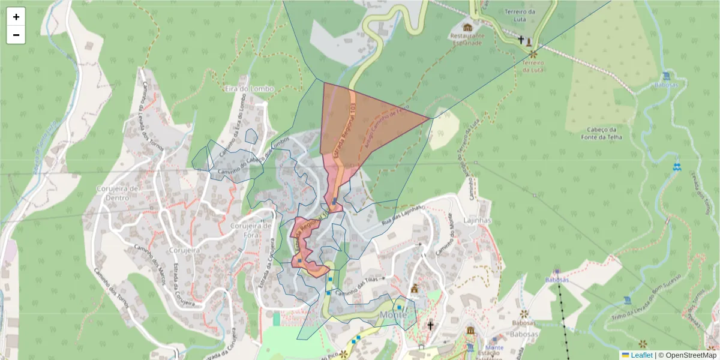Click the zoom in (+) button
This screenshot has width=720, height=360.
click(x=16, y=17)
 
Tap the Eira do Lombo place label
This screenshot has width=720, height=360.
click(x=248, y=89)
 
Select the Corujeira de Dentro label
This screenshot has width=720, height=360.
click(x=118, y=192)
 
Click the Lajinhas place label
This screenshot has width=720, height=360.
click(x=478, y=220)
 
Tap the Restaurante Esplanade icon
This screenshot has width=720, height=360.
click(x=467, y=27)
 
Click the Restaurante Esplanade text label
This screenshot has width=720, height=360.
click(x=467, y=39)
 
